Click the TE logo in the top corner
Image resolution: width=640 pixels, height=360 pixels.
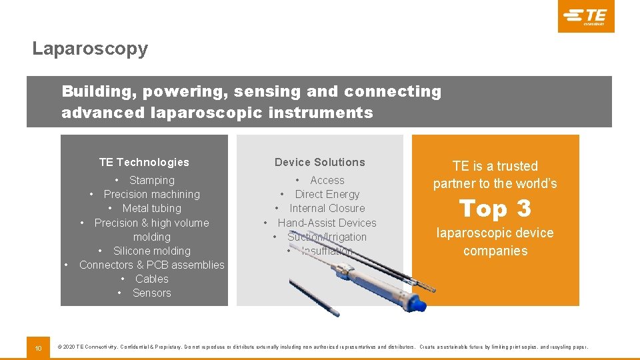tap(585, 16)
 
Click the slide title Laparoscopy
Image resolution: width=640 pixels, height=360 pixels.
tap(90, 49)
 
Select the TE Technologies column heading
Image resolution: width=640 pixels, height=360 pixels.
tap(144, 162)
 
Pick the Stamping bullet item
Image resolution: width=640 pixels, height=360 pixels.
tap(151, 180)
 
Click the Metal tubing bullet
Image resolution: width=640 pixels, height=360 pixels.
tap(151, 208)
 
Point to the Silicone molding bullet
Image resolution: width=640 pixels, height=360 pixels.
tap(151, 251)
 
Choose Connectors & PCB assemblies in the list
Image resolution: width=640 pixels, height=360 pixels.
tap(151, 265)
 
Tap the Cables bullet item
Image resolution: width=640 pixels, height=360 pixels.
tap(151, 279)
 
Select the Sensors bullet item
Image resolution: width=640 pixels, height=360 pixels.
tap(151, 293)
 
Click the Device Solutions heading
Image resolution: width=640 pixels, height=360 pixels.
tap(320, 162)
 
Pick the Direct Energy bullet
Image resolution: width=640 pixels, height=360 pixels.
tap(327, 194)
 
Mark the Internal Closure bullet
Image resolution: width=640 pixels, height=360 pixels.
tap(327, 208)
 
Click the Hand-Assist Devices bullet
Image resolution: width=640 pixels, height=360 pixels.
tap(327, 223)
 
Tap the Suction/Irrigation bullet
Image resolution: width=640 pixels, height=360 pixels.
tap(327, 237)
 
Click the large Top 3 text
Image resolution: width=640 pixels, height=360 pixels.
tap(495, 209)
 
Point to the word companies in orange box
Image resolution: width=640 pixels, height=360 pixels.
tap(495, 251)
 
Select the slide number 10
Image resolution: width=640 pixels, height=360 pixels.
tap(39, 347)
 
